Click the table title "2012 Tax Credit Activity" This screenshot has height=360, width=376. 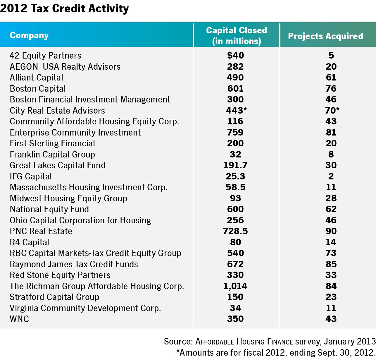tap(64, 9)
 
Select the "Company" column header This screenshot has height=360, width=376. tap(29, 35)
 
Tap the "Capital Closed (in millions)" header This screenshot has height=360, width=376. tap(236, 35)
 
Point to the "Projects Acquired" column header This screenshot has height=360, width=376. tap(325, 36)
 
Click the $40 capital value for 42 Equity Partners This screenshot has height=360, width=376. tap(235, 55)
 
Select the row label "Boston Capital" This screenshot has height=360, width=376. tap(38, 88)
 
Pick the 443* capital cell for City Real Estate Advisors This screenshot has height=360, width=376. tap(236, 110)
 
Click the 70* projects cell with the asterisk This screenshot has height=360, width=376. tap(332, 110)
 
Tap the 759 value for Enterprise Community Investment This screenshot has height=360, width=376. tap(235, 132)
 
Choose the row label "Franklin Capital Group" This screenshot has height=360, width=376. tap(52, 154)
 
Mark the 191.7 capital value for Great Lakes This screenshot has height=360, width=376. tap(235, 165)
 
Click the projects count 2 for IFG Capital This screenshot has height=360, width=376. tap(331, 176)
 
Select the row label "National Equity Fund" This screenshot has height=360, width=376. tap(49, 209)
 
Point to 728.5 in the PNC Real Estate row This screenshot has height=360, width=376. tap(235, 231)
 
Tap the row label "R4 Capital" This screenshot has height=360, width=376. tap(29, 242)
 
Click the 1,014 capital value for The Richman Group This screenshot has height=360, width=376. tap(235, 286)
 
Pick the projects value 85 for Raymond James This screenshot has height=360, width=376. tap(331, 264)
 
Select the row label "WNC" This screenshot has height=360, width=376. tap(19, 319)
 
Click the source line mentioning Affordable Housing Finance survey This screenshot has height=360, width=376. tap(270, 342)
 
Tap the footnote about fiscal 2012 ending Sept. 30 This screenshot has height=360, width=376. tap(276, 352)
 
